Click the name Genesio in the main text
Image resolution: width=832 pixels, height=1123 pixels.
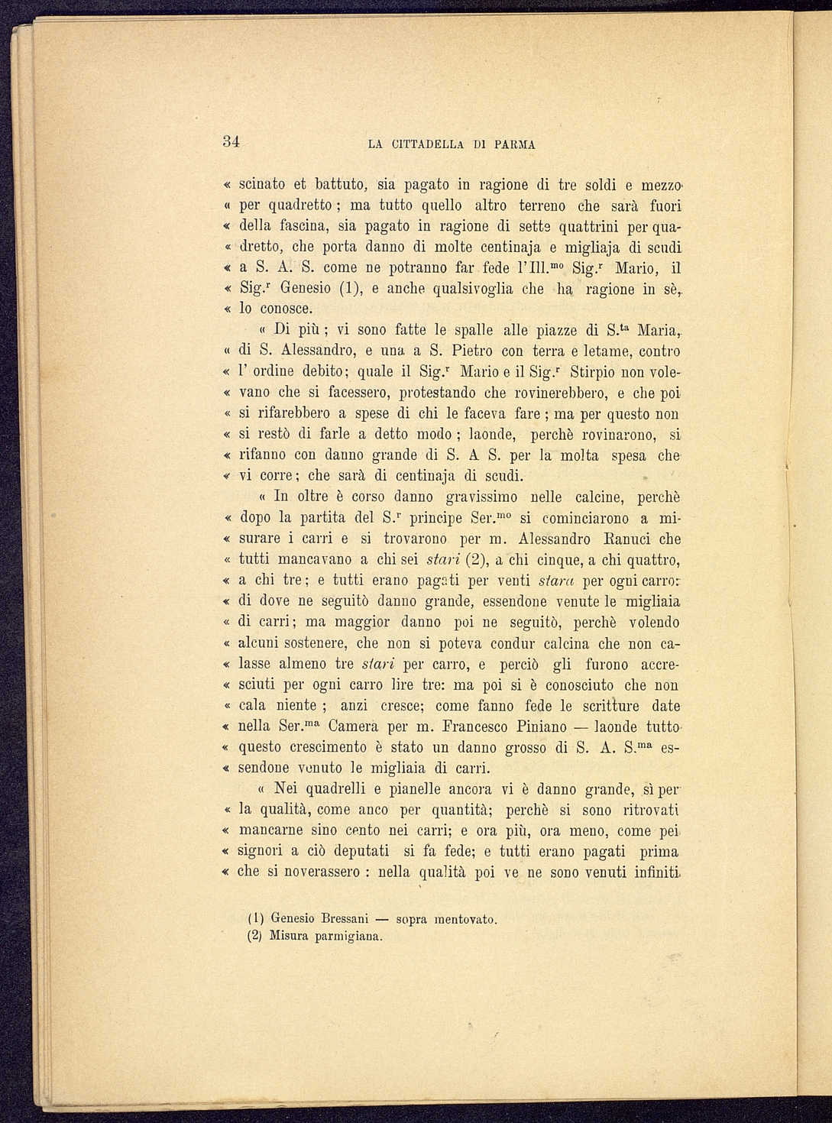[305, 290]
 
